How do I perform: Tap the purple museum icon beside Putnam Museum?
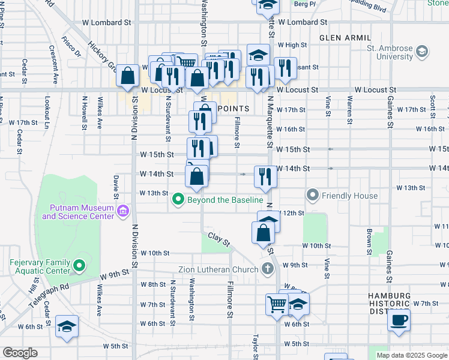[123, 211]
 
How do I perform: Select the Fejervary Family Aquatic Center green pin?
[78, 265]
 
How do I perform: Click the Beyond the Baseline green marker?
[178, 199]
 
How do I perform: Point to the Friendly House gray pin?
[312, 195]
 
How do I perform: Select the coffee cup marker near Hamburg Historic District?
[398, 319]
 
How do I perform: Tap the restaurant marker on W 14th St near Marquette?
[265, 176]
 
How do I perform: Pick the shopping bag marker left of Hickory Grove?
[128, 76]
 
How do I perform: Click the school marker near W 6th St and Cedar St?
[67, 327]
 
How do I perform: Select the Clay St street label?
[219, 239]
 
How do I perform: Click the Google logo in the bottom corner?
[20, 353]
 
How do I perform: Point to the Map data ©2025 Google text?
[412, 355]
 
